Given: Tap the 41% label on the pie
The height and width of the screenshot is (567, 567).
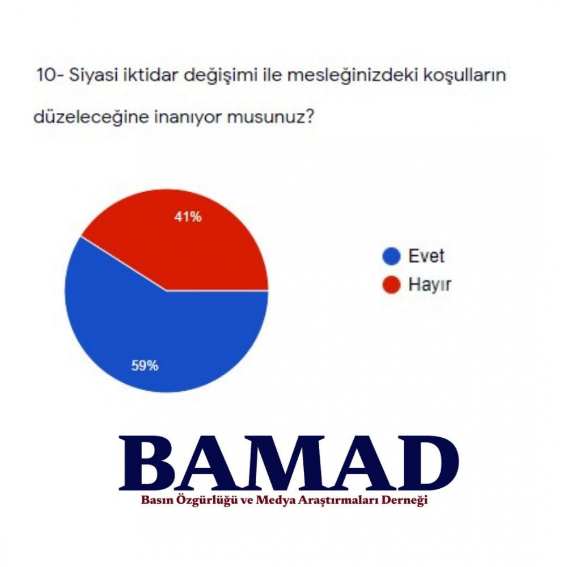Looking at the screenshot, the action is (188, 217).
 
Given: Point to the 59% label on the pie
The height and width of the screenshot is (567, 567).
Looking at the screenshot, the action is (145, 366).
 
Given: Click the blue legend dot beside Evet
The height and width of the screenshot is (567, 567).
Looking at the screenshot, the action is (391, 256).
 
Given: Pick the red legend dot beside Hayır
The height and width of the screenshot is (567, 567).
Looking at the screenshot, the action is (391, 285).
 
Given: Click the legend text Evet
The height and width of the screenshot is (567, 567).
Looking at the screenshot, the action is (426, 256).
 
